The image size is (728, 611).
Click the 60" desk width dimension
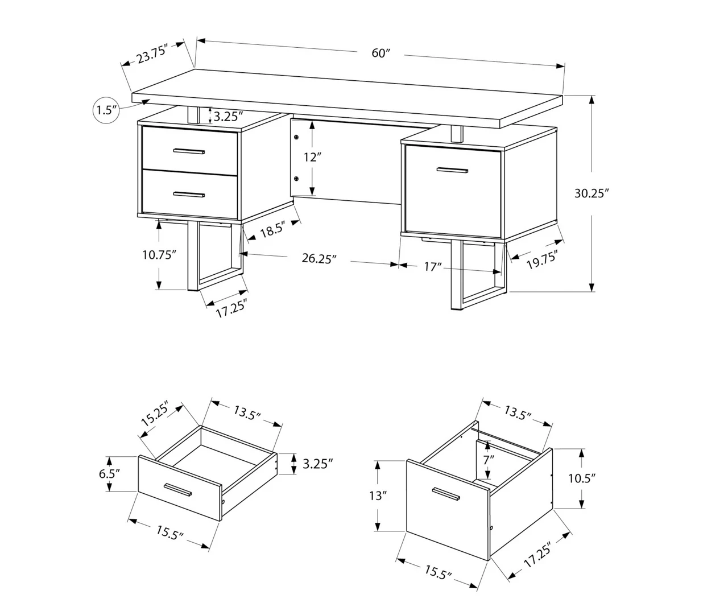pyautogui.click(x=380, y=53)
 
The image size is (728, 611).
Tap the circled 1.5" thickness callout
pyautogui.click(x=106, y=110)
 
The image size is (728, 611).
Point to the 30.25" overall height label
pyautogui.click(x=591, y=193)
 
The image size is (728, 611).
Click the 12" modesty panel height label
pyautogui.click(x=312, y=158)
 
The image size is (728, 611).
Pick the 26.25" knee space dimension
pyautogui.click(x=319, y=259)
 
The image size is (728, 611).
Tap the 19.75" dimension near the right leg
pyautogui.click(x=540, y=259)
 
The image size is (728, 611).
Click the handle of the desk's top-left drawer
pyautogui.click(x=189, y=151)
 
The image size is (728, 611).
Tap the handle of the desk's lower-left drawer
pyautogui.click(x=189, y=195)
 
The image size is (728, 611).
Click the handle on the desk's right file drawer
pyautogui.click(x=452, y=170)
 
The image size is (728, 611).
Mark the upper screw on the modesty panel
pyautogui.click(x=296, y=137)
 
